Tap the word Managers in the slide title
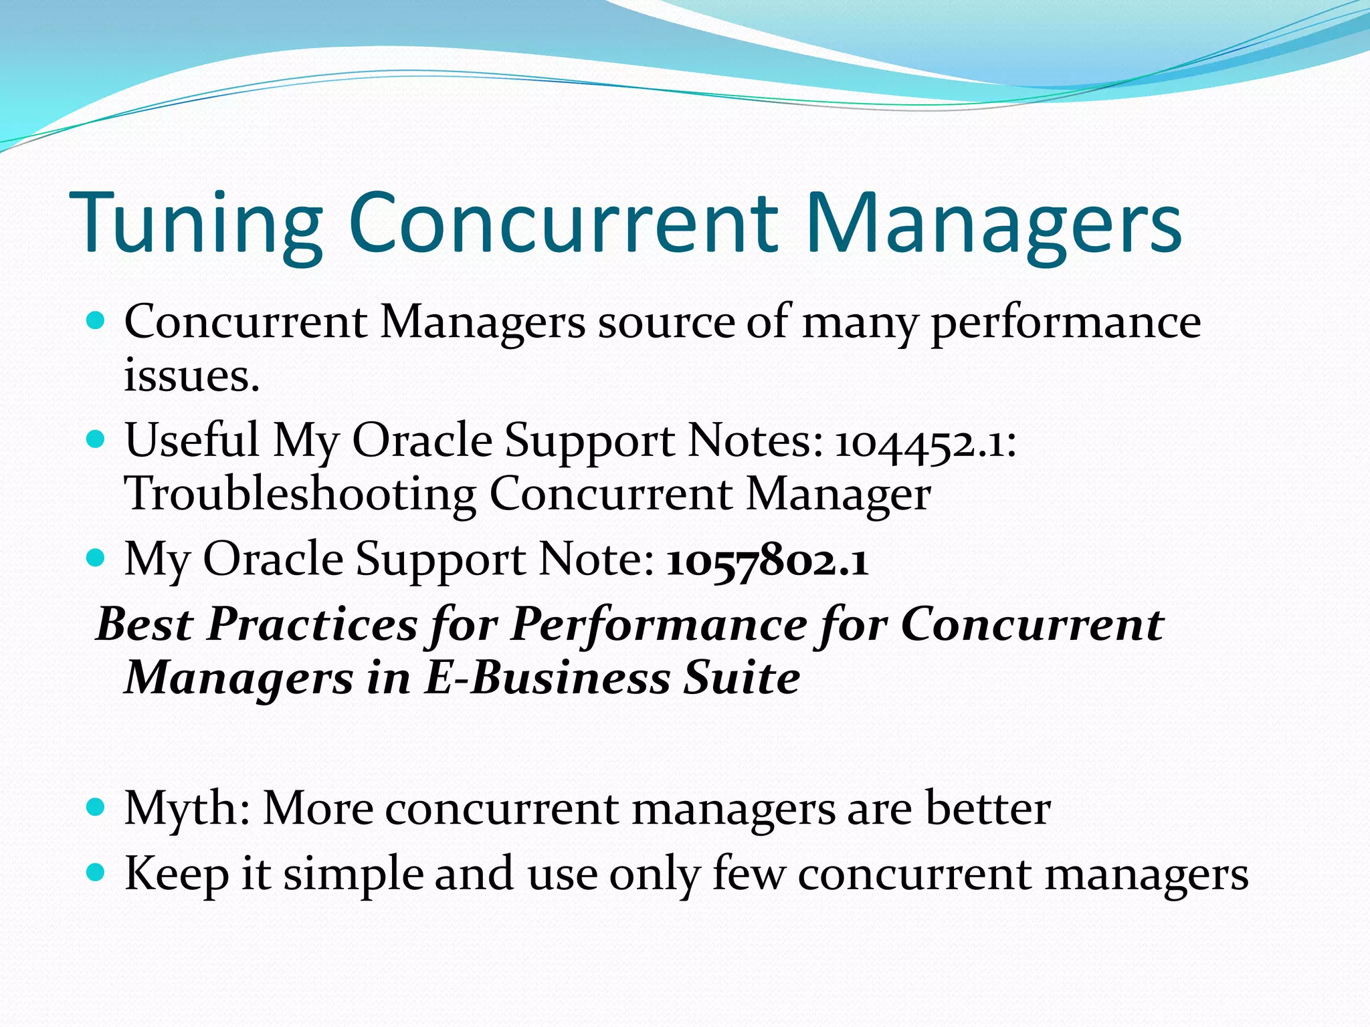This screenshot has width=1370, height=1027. [x=993, y=224]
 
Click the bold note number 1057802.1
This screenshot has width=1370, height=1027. [x=767, y=560]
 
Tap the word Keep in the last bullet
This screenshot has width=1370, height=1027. [x=177, y=875]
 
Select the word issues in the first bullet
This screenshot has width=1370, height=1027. [x=191, y=376]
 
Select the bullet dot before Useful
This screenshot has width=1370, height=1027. [x=96, y=439]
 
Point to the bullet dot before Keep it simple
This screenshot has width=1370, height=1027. [x=96, y=872]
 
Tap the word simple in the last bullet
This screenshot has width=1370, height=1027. [x=353, y=875]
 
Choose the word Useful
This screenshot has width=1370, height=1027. [x=192, y=441]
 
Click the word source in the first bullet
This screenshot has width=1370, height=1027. [x=666, y=323]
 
